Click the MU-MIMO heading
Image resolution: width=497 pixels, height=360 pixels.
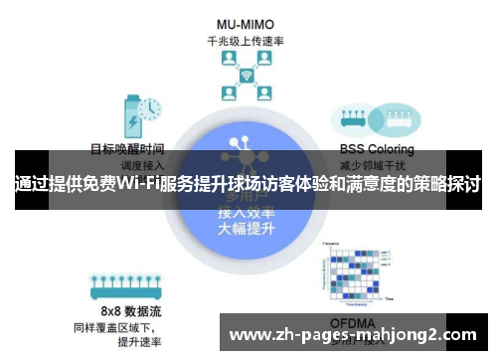pyautogui.click(x=245, y=24)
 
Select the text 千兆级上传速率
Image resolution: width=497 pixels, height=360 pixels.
pyautogui.click(x=245, y=42)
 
